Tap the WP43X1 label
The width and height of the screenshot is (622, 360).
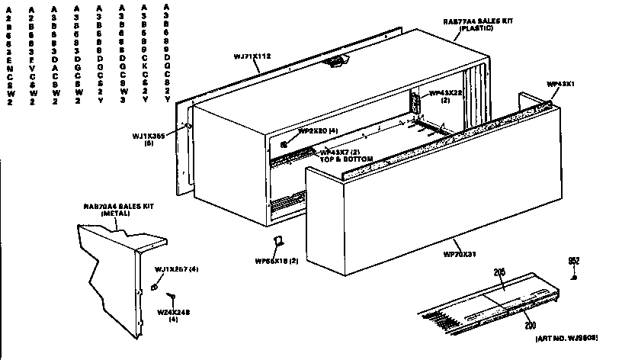tap(561, 83)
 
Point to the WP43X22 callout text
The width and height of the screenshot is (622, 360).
tap(445, 92)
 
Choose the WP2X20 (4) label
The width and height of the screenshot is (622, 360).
tap(317, 130)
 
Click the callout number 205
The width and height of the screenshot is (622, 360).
tap(500, 271)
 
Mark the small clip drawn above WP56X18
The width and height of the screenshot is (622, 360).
tap(279, 242)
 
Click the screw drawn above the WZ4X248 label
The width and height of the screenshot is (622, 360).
tap(173, 297)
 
